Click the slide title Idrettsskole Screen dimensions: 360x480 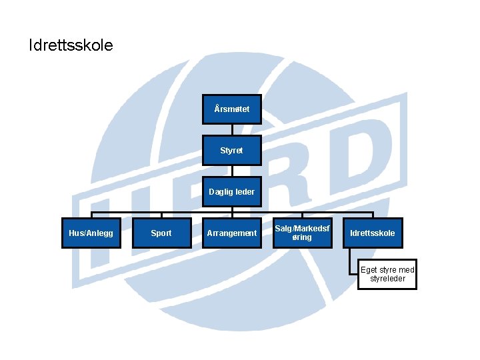(x=71, y=46)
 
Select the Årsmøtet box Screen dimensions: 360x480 (x=232, y=109)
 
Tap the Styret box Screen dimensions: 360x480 (x=232, y=151)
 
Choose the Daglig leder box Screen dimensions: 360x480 (x=232, y=192)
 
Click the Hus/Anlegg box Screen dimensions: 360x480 (x=91, y=233)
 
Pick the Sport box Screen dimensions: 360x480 (x=161, y=233)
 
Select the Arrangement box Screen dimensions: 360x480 (x=232, y=233)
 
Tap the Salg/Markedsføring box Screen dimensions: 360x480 (x=303, y=233)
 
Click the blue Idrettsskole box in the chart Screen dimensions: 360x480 (x=373, y=233)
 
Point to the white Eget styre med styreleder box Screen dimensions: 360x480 (x=387, y=274)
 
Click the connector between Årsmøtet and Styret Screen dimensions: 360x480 (x=232, y=130)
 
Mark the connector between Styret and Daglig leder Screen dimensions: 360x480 (x=232, y=171)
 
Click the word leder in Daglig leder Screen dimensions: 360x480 (x=243, y=192)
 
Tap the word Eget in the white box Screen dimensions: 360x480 (x=369, y=270)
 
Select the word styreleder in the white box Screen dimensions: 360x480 (x=387, y=279)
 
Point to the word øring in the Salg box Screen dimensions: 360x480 (x=303, y=238)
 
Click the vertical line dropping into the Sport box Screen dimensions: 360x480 (x=161, y=215)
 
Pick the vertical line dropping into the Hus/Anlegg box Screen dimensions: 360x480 (x=91, y=215)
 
